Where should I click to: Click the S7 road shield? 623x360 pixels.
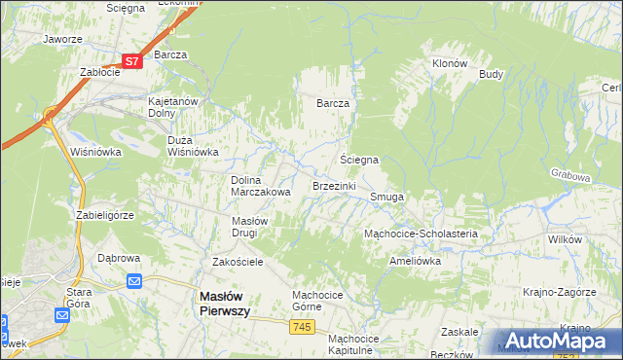tap(133, 60)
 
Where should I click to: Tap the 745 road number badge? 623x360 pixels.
tap(302, 328)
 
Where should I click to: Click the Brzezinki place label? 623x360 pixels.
tap(334, 185)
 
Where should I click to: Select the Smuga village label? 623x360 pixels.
tap(387, 197)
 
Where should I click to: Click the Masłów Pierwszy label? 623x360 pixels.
tap(225, 303)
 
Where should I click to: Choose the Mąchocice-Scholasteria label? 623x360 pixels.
tap(421, 234)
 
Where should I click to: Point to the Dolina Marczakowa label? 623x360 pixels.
tap(261, 186)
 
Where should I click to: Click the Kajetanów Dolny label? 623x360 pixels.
tap(173, 107)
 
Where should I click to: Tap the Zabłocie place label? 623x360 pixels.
tap(99, 72)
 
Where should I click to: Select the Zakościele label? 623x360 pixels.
tap(238, 262)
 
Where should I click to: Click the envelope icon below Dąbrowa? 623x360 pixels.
tap(135, 282)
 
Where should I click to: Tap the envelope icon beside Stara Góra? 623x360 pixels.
tap(61, 314)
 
